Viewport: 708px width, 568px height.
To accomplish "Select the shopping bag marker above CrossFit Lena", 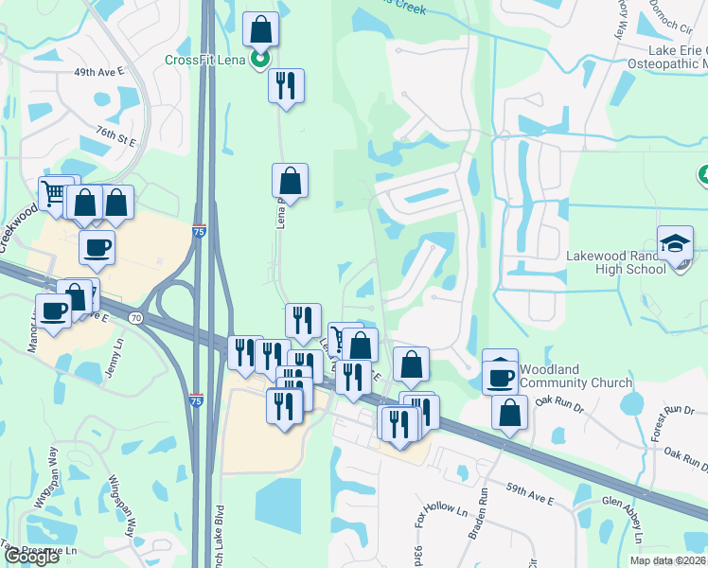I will (x=260, y=30).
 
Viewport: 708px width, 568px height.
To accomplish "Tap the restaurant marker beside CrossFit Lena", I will (x=286, y=86).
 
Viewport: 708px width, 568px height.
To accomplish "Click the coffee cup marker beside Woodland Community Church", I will (x=499, y=377).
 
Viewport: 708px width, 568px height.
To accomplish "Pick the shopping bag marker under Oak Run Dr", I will (x=509, y=414).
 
